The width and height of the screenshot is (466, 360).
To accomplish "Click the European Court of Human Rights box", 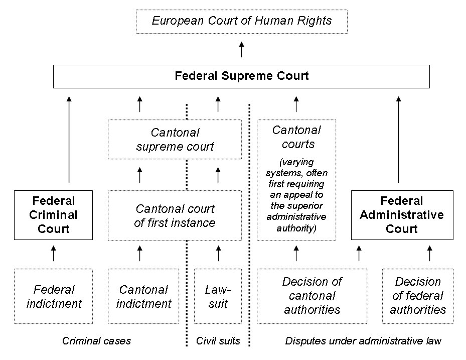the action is point(242,22).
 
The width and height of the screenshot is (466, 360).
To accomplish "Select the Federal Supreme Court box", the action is point(241,76).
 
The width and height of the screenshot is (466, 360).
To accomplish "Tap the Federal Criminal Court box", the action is point(54,215).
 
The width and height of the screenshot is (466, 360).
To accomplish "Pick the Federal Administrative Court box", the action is point(402,215).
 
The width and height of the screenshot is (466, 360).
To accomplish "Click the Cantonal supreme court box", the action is point(175,140).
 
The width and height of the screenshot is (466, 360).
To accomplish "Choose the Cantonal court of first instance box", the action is point(175,215).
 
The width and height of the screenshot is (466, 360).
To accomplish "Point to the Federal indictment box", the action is point(54,296).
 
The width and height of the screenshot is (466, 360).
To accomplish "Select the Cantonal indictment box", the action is point(143,296).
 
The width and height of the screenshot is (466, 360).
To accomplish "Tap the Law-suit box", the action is point(218,296).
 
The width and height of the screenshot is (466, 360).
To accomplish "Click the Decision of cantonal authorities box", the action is point(312,296).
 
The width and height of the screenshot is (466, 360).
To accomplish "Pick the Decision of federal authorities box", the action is point(418,296).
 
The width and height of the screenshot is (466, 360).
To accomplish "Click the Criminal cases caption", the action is point(96,341).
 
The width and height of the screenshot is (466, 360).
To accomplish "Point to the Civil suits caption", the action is point(218,341).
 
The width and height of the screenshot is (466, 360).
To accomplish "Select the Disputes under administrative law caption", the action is point(363,341).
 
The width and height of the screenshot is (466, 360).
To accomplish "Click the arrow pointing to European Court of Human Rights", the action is point(242,49).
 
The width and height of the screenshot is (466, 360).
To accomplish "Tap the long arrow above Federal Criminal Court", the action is point(69,140).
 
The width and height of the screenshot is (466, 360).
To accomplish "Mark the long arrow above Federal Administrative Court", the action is point(399,140).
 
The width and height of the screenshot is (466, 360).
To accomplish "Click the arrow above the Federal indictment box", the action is point(54,254).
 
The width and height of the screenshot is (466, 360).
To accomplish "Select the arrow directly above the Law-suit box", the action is point(218,254).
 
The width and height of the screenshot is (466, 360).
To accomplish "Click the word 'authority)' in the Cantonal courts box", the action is point(296,228).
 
